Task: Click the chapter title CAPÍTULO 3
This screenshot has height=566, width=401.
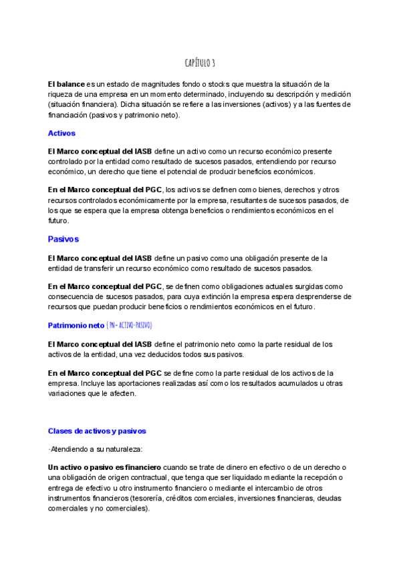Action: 200,63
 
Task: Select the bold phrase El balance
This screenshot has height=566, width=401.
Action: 66,84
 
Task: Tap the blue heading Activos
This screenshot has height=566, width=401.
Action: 61,133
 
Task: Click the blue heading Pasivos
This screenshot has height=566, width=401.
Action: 63,239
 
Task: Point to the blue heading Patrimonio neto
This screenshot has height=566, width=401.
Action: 76,325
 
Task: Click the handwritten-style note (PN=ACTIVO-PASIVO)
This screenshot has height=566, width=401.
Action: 130,325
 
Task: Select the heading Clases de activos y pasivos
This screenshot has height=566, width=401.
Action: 97,431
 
